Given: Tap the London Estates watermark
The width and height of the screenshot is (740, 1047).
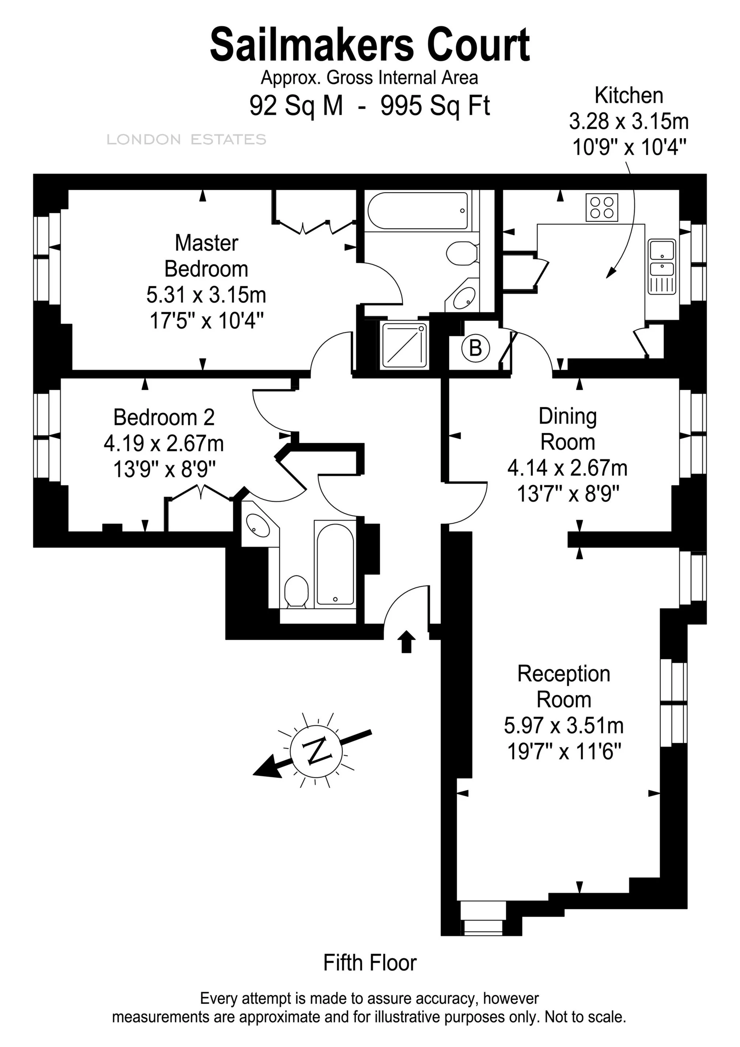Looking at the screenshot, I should (x=186, y=140).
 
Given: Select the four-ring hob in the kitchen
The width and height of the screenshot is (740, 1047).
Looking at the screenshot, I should (x=602, y=208).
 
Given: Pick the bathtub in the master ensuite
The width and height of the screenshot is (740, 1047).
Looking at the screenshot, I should (x=418, y=210).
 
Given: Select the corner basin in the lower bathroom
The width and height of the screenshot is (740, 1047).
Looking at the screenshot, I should (x=258, y=525).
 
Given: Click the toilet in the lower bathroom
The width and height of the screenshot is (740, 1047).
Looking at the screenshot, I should (x=296, y=591).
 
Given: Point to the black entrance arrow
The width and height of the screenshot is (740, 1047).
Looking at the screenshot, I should (x=407, y=642).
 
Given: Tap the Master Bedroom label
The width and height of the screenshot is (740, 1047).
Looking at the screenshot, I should (x=206, y=256).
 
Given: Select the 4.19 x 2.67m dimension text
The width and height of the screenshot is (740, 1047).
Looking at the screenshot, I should (x=164, y=443).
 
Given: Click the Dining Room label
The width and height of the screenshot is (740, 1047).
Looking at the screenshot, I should (x=567, y=429).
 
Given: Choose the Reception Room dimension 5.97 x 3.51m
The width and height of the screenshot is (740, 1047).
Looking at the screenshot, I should (x=563, y=725).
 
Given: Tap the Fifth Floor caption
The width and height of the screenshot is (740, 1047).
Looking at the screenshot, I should (x=370, y=963).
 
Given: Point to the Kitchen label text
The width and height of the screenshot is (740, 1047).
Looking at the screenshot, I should (x=629, y=96).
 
